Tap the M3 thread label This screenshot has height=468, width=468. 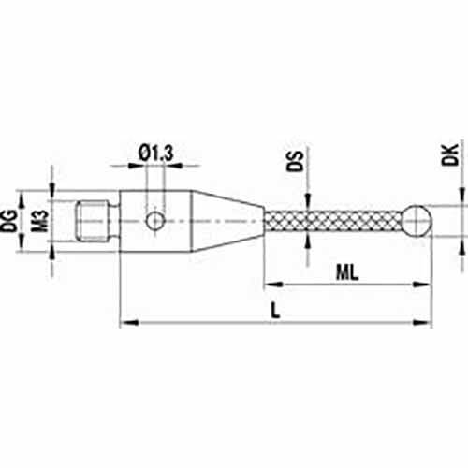pyautogui.click(x=40, y=221)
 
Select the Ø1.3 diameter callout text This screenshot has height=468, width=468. pyautogui.click(x=155, y=154)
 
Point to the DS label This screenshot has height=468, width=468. pyautogui.click(x=295, y=161)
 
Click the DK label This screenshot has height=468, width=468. pyautogui.click(x=449, y=154)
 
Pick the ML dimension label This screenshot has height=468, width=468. pyautogui.click(x=347, y=272)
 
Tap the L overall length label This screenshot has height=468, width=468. pyautogui.click(x=275, y=311)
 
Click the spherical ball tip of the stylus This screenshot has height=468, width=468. pyautogui.click(x=417, y=221)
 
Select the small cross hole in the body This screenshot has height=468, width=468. pyautogui.click(x=154, y=221)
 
